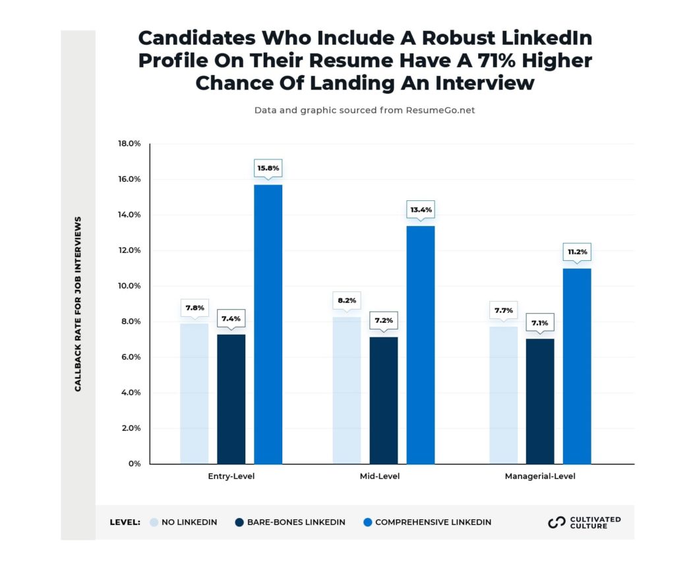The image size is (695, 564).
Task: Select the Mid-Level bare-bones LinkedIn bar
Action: pyautogui.click(x=384, y=401)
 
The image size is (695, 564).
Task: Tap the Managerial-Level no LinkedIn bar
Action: pyautogui.click(x=504, y=395)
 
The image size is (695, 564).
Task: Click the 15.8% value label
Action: pyautogui.click(x=268, y=169)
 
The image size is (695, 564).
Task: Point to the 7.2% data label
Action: pyautogui.click(x=384, y=320)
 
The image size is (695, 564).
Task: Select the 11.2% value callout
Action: pyautogui.click(x=578, y=252)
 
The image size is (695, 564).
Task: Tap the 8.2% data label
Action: pyautogui.click(x=347, y=300)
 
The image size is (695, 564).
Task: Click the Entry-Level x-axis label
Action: pyautogui.click(x=231, y=476)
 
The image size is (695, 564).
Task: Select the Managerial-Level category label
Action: pyautogui.click(x=540, y=476)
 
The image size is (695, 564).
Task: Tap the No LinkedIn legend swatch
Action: pyautogui.click(x=154, y=522)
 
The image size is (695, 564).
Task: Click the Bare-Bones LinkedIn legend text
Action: pyautogui.click(x=296, y=522)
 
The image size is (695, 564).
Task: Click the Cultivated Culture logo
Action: pyautogui.click(x=584, y=522)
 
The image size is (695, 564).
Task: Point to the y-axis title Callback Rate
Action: pyautogui.click(x=78, y=304)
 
